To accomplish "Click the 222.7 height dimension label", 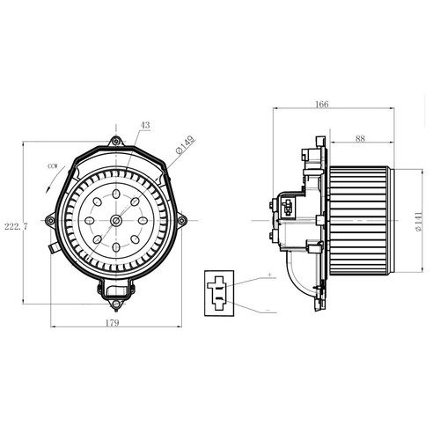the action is tap(16, 226).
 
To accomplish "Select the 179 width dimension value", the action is tap(113, 323).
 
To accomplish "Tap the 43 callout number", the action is tap(145, 125).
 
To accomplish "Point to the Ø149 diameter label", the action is tap(185, 144).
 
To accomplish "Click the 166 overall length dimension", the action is tap(322, 104).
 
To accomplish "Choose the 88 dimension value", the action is tap(360, 138).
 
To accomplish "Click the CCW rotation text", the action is tap(53, 166).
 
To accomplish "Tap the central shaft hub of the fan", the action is tap(116, 220).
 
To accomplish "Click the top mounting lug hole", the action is tap(116, 142).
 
